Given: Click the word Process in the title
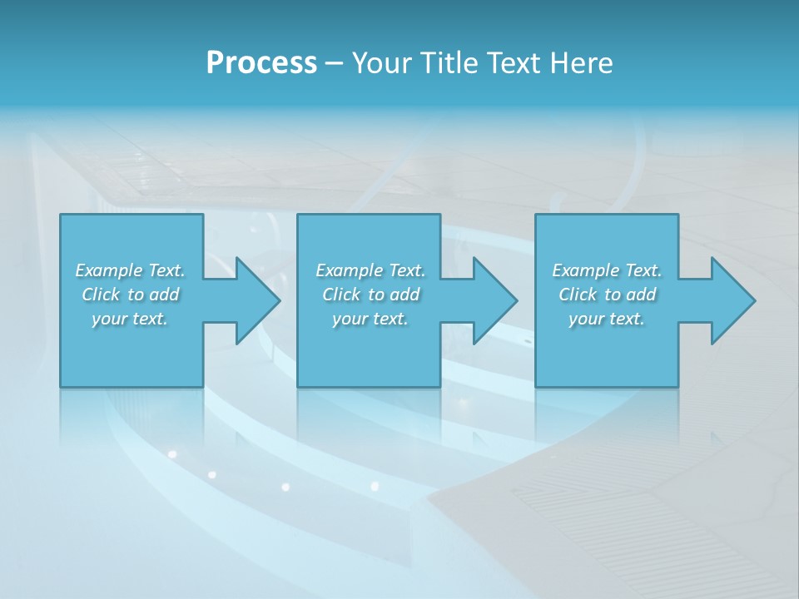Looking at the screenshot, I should point(261,63).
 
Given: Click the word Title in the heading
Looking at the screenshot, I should point(449,63).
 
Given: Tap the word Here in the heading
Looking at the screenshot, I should point(581,63).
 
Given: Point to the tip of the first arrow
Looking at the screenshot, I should point(279,300).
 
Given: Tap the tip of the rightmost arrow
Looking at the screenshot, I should point(754,300).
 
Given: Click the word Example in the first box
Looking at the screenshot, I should point(109,270).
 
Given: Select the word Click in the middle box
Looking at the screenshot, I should point(341,295).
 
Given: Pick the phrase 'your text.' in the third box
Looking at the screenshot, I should point(607,319).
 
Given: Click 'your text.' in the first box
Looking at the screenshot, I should point(130,319).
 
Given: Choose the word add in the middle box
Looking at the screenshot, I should point(404,295).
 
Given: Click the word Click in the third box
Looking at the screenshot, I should point(578,295).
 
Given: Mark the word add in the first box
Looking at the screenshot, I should point(164,295).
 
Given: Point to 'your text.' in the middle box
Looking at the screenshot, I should point(370,319).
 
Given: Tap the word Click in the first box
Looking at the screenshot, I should point(101,295).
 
